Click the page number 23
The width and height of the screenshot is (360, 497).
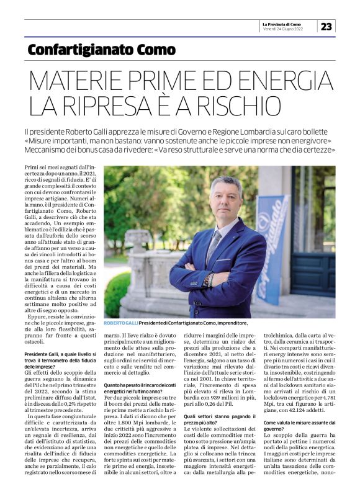pyautogui.click(x=326, y=26)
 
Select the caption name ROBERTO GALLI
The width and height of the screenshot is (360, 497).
pyautogui.click(x=122, y=323)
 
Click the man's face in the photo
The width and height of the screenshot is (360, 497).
pyautogui.click(x=225, y=198)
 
